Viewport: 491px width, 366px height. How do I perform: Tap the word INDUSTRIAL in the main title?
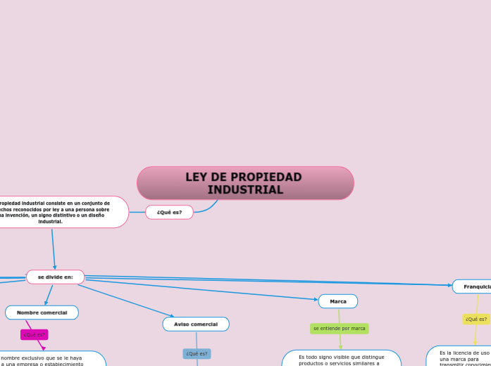[245, 190]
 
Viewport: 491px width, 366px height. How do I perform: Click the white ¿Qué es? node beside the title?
[169, 212]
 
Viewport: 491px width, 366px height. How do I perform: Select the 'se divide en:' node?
[55, 277]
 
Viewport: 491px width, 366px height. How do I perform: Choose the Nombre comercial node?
[42, 313]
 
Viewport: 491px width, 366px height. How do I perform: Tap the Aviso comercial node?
[196, 324]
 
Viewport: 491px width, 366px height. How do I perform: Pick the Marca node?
[338, 301]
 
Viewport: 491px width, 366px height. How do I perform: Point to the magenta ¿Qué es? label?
[34, 334]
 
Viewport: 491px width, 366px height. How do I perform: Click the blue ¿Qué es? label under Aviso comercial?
[197, 353]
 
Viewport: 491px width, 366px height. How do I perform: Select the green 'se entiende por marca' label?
[340, 328]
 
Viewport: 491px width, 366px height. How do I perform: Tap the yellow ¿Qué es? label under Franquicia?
[476, 319]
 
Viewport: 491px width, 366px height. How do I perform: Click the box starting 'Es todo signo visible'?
[342, 359]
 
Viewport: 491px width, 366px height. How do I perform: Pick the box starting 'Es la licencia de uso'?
[461, 357]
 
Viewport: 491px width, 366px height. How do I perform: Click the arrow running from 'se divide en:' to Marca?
[211, 290]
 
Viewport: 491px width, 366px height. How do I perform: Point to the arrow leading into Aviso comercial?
[127, 301]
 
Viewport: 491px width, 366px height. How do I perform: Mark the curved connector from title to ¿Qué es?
[209, 208]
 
